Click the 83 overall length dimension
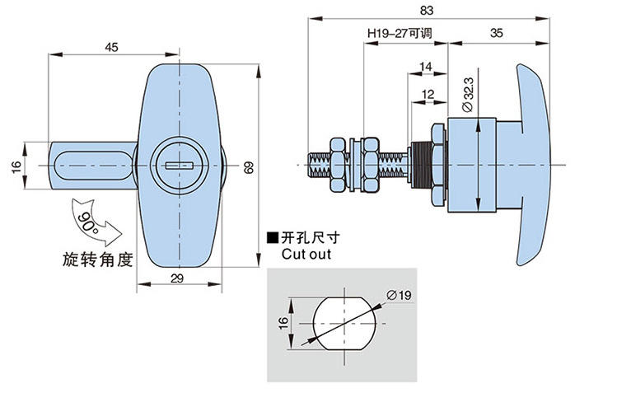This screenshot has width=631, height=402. pos(426,11)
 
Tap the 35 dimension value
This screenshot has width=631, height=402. pos(497,33)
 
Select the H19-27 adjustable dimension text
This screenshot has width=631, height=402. pos(400,34)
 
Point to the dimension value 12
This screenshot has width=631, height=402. pos(427,95)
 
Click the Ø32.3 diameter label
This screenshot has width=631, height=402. pos(467,95)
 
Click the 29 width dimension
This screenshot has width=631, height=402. pos(177,279)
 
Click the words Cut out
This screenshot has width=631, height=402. pos(306,255)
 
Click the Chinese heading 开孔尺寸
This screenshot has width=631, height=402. pos(311,238)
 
